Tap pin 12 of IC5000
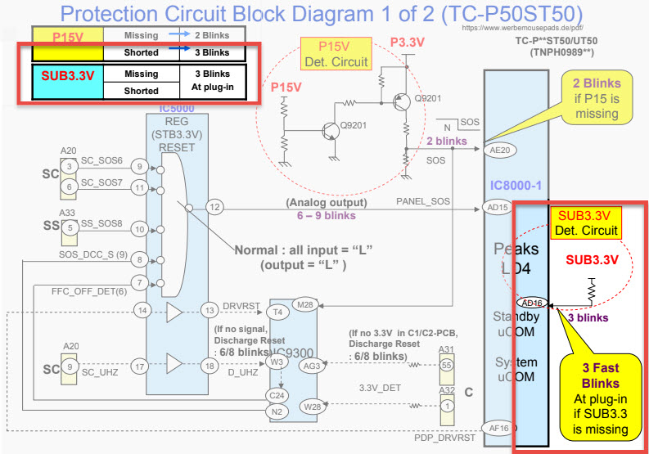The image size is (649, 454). [214, 206]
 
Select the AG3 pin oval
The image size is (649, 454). [312, 366]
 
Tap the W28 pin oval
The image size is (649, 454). [312, 405]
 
